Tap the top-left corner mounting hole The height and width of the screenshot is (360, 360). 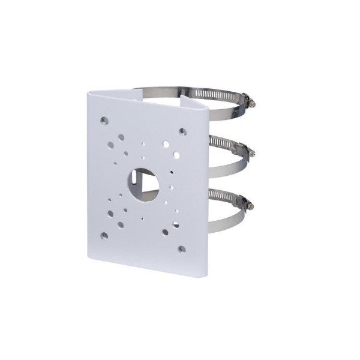[104, 120]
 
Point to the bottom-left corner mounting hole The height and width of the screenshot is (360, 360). [104, 235]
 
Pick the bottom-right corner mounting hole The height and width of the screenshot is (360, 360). [182, 248]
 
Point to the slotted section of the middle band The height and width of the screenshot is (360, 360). [225, 142]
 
